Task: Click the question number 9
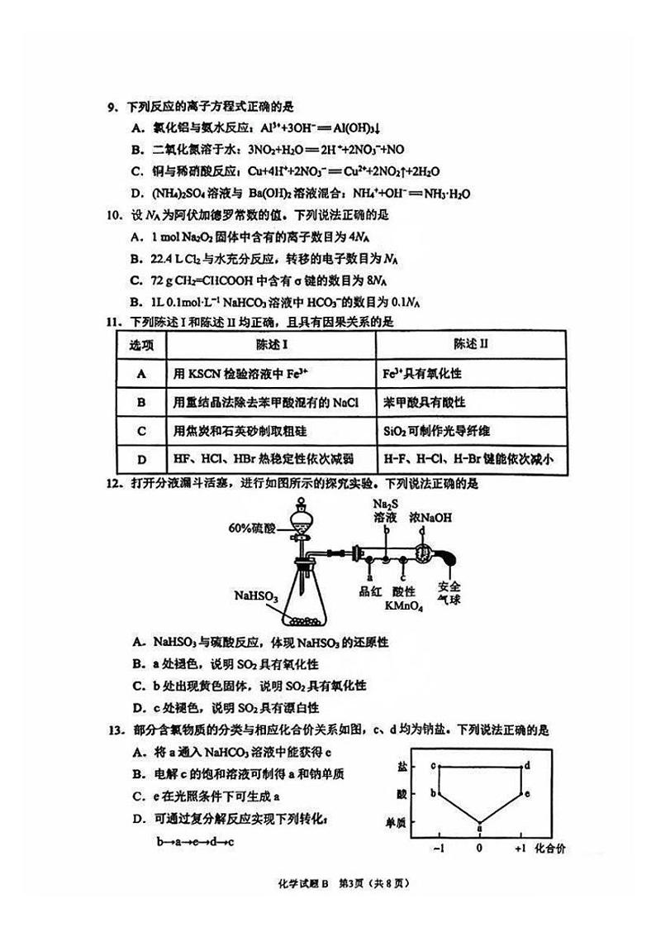tap(112, 108)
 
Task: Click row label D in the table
tap(141, 460)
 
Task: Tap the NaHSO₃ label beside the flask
tap(256, 595)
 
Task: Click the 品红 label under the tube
tap(368, 591)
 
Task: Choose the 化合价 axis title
tap(550, 849)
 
